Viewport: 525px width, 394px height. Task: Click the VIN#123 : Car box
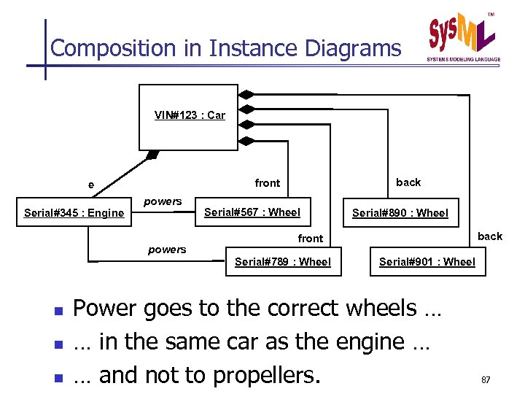click(x=189, y=117)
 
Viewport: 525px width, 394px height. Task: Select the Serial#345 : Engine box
click(x=74, y=213)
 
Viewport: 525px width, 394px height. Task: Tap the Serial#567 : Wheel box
click(x=252, y=212)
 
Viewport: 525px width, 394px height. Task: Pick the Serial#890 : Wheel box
click(x=400, y=213)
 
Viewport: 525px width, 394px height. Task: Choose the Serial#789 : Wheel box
click(x=283, y=262)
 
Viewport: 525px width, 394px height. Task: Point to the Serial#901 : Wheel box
click(x=427, y=262)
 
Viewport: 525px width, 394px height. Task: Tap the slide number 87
click(x=486, y=379)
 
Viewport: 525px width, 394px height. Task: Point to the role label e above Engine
click(x=91, y=185)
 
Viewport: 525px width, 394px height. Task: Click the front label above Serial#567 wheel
click(x=268, y=183)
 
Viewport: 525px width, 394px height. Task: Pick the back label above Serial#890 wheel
click(x=408, y=182)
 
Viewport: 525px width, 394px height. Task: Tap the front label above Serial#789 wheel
click(x=311, y=238)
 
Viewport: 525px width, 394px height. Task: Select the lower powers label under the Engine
click(x=167, y=250)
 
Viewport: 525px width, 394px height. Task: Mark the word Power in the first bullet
click(x=109, y=309)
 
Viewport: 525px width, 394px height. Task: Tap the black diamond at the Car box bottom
click(x=152, y=154)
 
